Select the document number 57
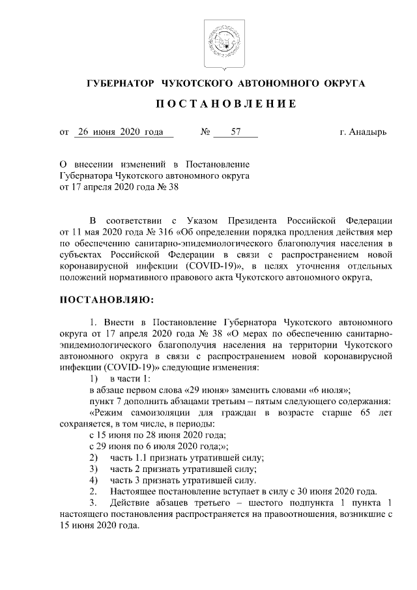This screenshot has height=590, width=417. [x=235, y=132]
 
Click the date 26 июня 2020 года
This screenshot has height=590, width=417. [x=119, y=132]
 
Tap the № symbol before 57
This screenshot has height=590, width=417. [x=205, y=132]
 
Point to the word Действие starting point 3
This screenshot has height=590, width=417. [x=131, y=503]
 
